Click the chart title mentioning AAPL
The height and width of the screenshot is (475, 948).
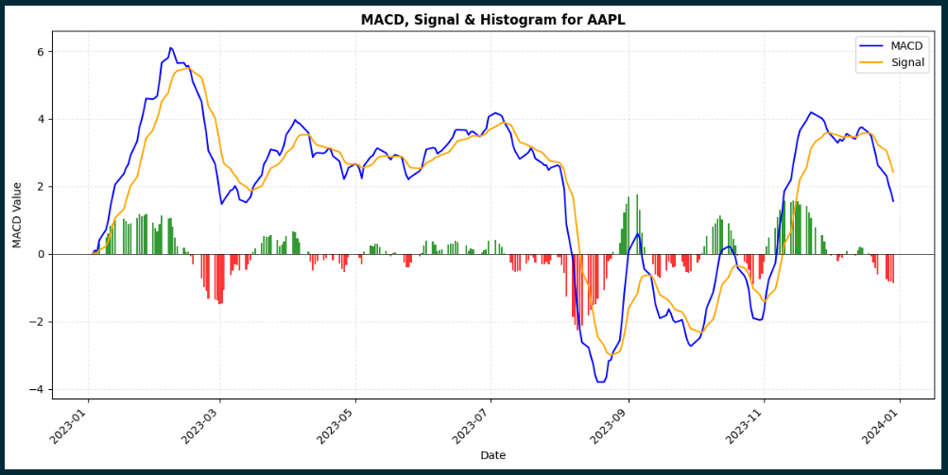(x=492, y=20)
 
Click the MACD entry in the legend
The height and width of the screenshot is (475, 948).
(x=905, y=46)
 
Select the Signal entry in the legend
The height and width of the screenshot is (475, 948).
(x=906, y=63)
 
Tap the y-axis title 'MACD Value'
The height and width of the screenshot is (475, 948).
(x=18, y=214)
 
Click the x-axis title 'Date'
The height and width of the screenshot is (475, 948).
(x=492, y=455)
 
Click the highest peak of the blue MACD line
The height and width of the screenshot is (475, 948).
(x=170, y=47)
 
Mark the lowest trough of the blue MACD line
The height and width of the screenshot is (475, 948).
(x=600, y=382)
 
